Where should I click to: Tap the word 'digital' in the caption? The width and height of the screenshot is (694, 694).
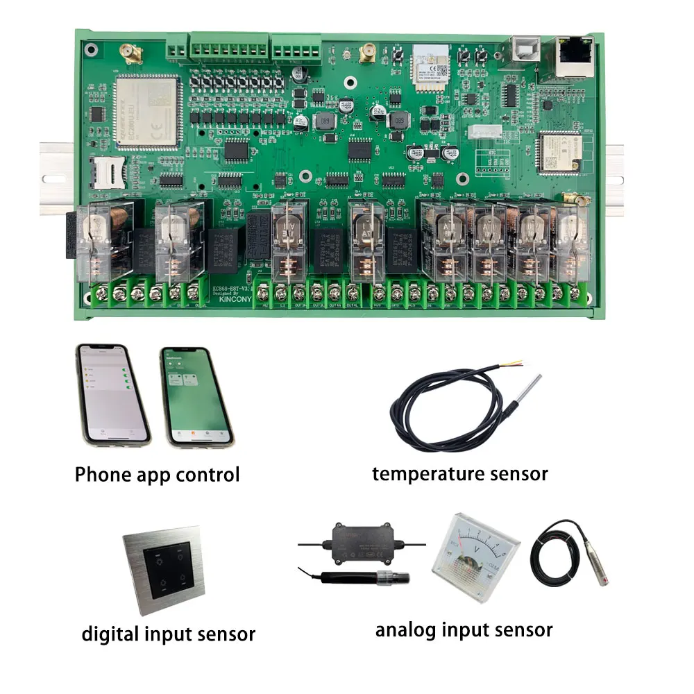tap(111, 634)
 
